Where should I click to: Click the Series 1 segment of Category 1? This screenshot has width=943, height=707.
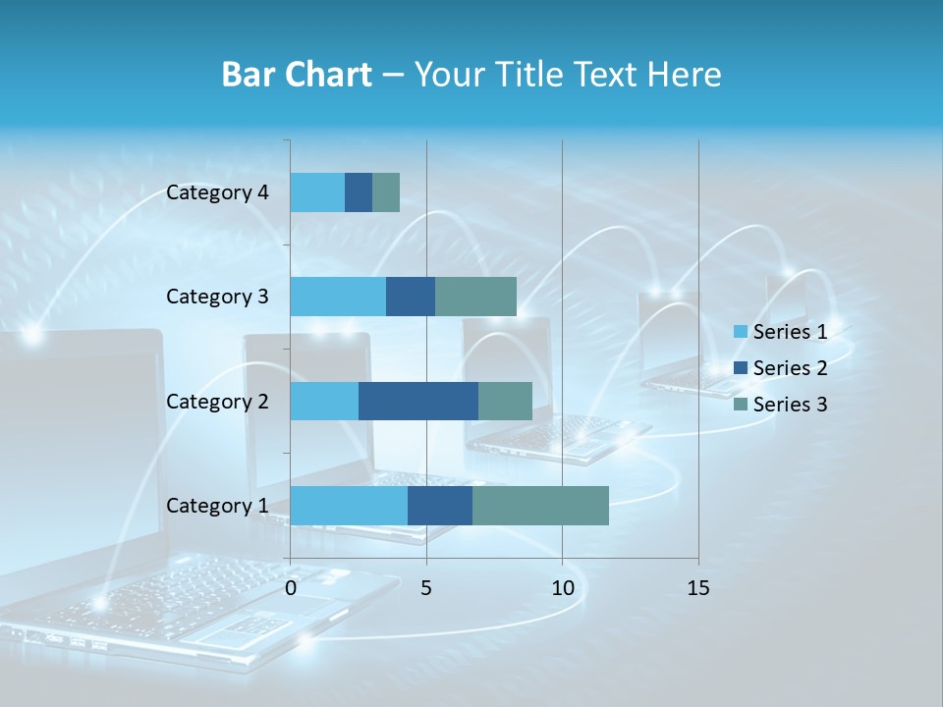point(349,505)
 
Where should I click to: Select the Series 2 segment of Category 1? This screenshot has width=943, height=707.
point(440,505)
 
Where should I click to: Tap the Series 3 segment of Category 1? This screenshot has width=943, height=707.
point(540,505)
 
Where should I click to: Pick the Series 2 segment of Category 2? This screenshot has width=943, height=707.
point(418,401)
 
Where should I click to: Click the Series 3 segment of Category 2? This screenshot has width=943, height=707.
point(505,401)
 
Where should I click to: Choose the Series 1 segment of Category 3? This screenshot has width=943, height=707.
point(338,297)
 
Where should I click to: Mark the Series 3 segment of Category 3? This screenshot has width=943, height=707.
point(475,297)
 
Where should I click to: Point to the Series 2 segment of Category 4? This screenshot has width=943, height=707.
point(359,192)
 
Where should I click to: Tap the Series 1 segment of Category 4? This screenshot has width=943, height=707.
point(317,192)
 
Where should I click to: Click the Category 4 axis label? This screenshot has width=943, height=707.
point(217,192)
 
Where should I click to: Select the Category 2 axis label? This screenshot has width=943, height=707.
point(217,401)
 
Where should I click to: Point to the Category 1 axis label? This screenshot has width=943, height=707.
point(217,506)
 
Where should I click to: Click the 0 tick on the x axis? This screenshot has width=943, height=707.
point(291,588)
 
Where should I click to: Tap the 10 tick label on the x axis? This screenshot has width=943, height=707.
point(562,588)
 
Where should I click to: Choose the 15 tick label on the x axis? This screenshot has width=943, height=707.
point(698,588)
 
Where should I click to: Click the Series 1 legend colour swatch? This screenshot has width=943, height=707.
point(740,332)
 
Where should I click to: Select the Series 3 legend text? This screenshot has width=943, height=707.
point(790,405)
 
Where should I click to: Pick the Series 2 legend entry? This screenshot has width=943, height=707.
point(780,368)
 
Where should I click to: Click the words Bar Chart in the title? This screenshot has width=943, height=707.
point(297,75)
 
